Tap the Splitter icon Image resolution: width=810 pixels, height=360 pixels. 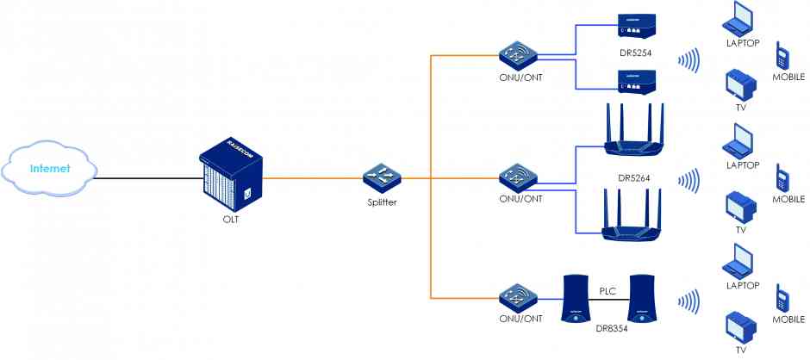[x=380, y=177]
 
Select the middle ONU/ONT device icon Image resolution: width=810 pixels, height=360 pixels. [x=520, y=178]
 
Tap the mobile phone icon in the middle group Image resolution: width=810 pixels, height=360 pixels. [x=782, y=177]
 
